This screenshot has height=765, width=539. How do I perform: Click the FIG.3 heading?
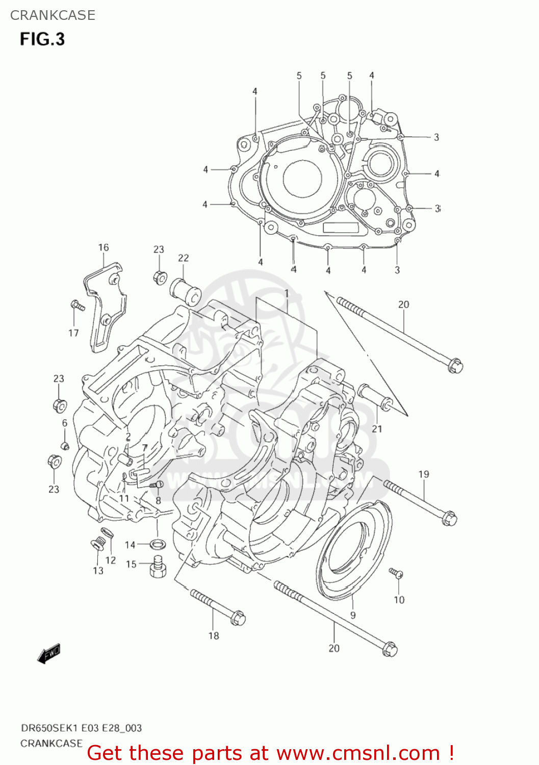point(42,39)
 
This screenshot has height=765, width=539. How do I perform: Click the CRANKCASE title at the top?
point(53,15)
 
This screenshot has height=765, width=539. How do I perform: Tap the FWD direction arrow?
point(49,653)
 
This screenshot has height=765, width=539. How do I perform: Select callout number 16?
point(104,247)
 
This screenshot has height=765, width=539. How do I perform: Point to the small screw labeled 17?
point(77,305)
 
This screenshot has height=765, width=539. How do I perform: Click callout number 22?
point(183,258)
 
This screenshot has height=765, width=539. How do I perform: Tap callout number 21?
point(377,429)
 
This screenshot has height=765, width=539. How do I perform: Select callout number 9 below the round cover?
point(353,615)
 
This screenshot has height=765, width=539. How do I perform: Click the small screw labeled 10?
point(396,574)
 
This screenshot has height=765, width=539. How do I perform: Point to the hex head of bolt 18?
point(238,619)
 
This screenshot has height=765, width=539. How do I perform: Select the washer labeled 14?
point(158,543)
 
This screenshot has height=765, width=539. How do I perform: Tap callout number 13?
point(98,571)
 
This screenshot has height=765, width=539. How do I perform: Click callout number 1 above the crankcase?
point(287,294)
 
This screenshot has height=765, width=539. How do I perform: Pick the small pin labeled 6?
point(65,446)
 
